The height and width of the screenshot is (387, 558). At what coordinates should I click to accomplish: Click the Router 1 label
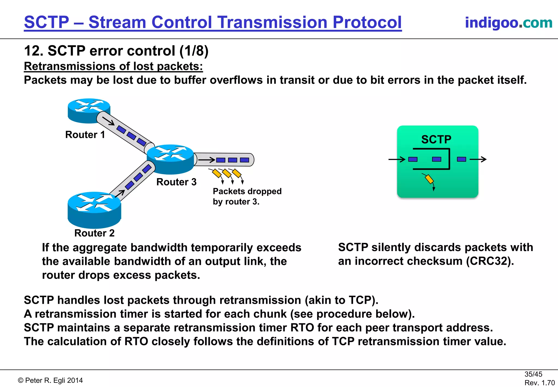click(x=85, y=135)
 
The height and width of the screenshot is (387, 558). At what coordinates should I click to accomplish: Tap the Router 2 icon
click(x=94, y=210)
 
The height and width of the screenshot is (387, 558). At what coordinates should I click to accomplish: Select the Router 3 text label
click(x=176, y=182)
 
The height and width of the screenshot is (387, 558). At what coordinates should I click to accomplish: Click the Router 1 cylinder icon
click(x=89, y=111)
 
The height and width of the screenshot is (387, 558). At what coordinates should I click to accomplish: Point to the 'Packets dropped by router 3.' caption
click(x=247, y=197)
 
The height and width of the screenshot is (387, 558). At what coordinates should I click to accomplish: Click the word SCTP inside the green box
click(x=436, y=139)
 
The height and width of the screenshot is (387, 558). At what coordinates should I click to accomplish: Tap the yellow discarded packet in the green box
click(x=429, y=179)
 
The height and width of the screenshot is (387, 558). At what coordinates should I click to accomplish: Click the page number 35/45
click(x=533, y=374)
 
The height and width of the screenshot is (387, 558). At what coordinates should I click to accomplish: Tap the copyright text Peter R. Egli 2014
click(x=50, y=380)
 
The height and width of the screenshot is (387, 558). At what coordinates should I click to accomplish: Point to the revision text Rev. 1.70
click(x=539, y=383)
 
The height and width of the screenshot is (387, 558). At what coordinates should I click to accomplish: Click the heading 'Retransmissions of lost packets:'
click(x=113, y=66)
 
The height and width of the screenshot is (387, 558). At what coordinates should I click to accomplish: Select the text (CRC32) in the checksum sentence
click(x=490, y=261)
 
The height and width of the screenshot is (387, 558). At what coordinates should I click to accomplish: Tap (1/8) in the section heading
click(x=194, y=51)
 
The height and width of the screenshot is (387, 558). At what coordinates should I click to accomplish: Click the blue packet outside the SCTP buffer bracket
click(x=461, y=159)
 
